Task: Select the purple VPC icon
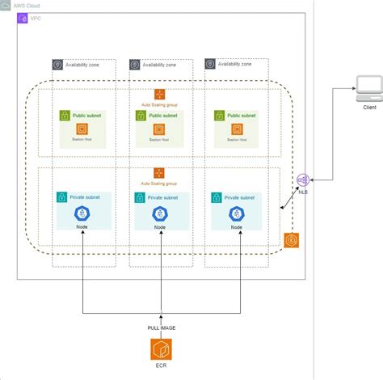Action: tap(23, 17)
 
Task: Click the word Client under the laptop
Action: tap(368, 107)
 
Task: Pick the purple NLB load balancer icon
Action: tap(302, 179)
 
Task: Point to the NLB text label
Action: tap(302, 192)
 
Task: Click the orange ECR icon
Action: tap(161, 350)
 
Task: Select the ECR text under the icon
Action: tap(161, 371)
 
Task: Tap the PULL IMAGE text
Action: tap(161, 327)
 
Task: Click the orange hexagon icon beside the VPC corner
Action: tap(293, 241)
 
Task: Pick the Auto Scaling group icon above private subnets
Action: tap(159, 172)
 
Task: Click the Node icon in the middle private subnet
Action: tap(160, 214)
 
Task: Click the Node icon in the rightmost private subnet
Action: tap(237, 213)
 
